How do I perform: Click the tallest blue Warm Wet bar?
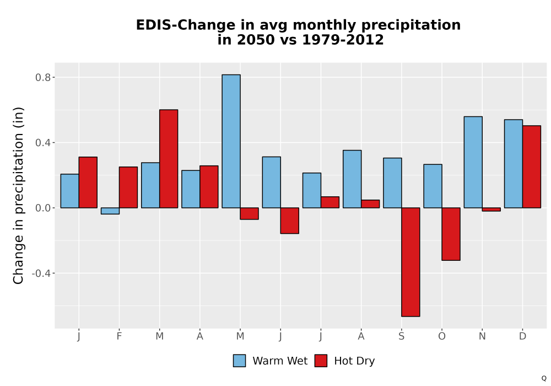click(x=231, y=141)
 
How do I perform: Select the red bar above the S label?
click(x=410, y=262)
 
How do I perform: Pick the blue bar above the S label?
click(x=392, y=183)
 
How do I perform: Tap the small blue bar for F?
click(x=110, y=211)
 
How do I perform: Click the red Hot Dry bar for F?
click(x=128, y=187)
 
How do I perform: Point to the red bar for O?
click(x=451, y=234)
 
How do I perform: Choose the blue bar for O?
click(x=433, y=186)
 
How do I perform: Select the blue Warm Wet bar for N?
click(x=473, y=162)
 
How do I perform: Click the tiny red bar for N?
click(x=491, y=209)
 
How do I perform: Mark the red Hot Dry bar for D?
click(x=532, y=167)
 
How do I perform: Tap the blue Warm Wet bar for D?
click(x=514, y=163)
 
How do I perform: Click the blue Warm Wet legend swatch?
click(x=239, y=361)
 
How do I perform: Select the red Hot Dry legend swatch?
click(x=321, y=361)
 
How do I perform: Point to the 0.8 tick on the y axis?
click(x=53, y=77)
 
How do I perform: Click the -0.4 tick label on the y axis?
click(x=41, y=273)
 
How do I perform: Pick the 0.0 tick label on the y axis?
click(x=43, y=208)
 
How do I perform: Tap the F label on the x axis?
click(x=119, y=336)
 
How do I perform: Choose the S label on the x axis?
click(x=402, y=336)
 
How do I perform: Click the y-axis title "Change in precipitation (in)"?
click(x=18, y=195)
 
